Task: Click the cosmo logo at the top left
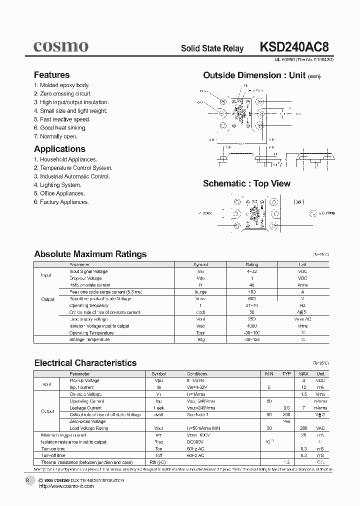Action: point(61,46)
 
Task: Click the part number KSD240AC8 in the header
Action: point(294,47)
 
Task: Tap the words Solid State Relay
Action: point(212,48)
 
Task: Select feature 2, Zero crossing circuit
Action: point(62,94)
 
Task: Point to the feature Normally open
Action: point(55,136)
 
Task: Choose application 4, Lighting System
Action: point(57,185)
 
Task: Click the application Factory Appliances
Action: point(61,202)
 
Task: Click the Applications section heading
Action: point(59,149)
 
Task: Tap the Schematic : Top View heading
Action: point(246,183)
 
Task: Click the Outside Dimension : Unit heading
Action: point(254,75)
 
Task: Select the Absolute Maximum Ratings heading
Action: point(90,254)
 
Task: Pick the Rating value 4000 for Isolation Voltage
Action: point(251,326)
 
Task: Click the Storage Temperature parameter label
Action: point(89,339)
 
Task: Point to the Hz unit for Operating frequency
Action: point(302,305)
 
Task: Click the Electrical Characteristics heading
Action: point(85,363)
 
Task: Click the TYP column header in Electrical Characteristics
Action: point(286,373)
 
